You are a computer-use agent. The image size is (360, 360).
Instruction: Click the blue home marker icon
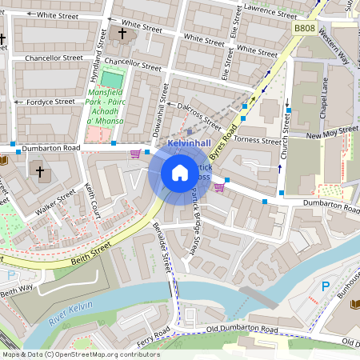179,174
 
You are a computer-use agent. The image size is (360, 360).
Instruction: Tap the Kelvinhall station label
188,142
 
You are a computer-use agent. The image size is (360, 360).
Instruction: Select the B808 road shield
303,28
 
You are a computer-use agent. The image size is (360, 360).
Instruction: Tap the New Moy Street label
331,130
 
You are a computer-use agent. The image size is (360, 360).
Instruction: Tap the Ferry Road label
153,334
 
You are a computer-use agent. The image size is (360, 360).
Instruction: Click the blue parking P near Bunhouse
326,286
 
